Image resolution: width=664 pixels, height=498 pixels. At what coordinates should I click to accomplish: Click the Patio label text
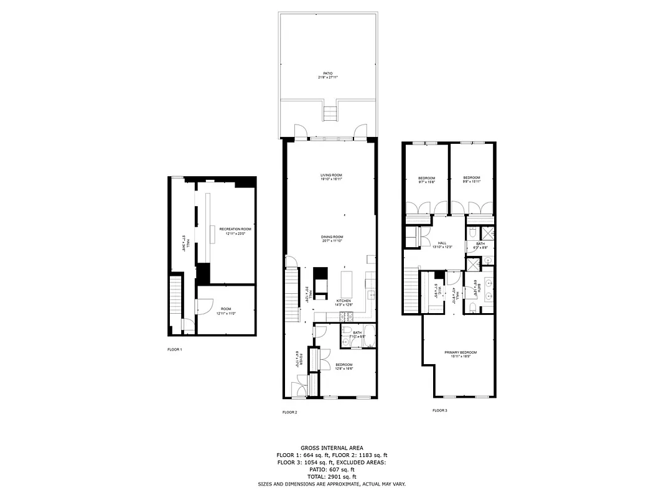(328, 75)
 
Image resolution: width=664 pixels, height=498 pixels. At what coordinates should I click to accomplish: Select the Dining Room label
(332, 238)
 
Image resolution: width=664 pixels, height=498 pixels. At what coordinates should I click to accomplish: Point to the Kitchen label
(344, 303)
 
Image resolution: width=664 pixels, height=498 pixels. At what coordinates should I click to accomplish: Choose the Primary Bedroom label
(461, 355)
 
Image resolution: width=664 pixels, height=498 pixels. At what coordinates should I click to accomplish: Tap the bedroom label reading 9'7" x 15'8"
(426, 181)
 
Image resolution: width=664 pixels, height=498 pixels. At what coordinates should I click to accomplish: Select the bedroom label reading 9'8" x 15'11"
(472, 179)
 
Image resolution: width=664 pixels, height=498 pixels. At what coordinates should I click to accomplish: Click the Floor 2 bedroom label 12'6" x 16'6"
(344, 367)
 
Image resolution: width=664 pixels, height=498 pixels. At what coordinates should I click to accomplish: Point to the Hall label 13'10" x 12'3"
(442, 245)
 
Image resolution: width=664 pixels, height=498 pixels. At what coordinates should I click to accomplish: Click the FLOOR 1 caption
(175, 350)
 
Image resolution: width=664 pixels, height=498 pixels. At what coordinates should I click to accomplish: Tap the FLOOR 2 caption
(290, 412)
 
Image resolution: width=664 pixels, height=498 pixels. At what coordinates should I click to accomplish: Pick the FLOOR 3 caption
(440, 410)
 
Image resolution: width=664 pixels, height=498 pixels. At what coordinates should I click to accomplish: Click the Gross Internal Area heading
(332, 448)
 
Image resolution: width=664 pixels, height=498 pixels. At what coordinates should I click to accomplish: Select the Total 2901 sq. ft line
(332, 476)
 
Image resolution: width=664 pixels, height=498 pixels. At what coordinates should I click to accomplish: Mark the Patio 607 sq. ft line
(332, 469)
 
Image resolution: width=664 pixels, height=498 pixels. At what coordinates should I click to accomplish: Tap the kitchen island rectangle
(347, 284)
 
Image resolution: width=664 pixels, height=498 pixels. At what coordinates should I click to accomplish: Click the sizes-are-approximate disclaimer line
(332, 484)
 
